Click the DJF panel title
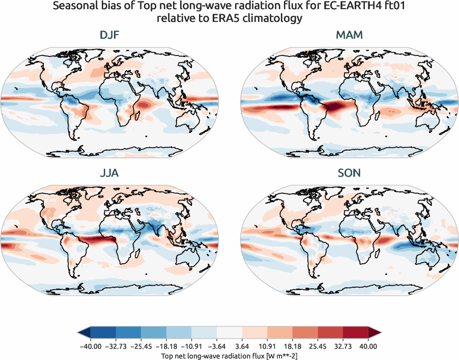pos(110,35)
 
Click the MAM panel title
pos(349,35)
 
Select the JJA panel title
pos(110,173)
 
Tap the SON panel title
pos(349,173)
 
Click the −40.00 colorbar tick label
pos(90,346)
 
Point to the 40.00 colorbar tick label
pos(368,346)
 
